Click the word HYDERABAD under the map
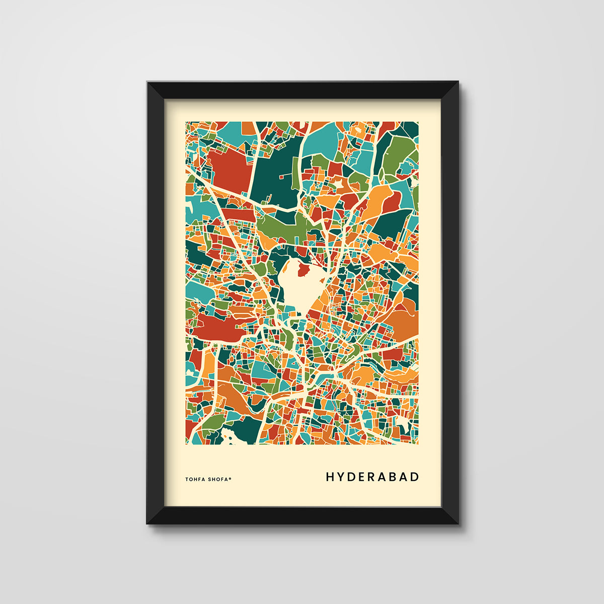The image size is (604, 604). (x=372, y=477)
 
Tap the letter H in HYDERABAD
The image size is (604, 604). (x=330, y=477)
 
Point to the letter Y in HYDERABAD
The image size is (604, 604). (x=341, y=477)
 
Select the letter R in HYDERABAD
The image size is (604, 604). (x=373, y=477)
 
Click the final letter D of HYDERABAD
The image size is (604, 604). (x=415, y=477)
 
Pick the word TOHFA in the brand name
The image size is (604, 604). (x=195, y=479)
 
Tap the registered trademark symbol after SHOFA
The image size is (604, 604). (x=231, y=478)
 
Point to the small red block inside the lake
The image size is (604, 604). (x=303, y=271)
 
